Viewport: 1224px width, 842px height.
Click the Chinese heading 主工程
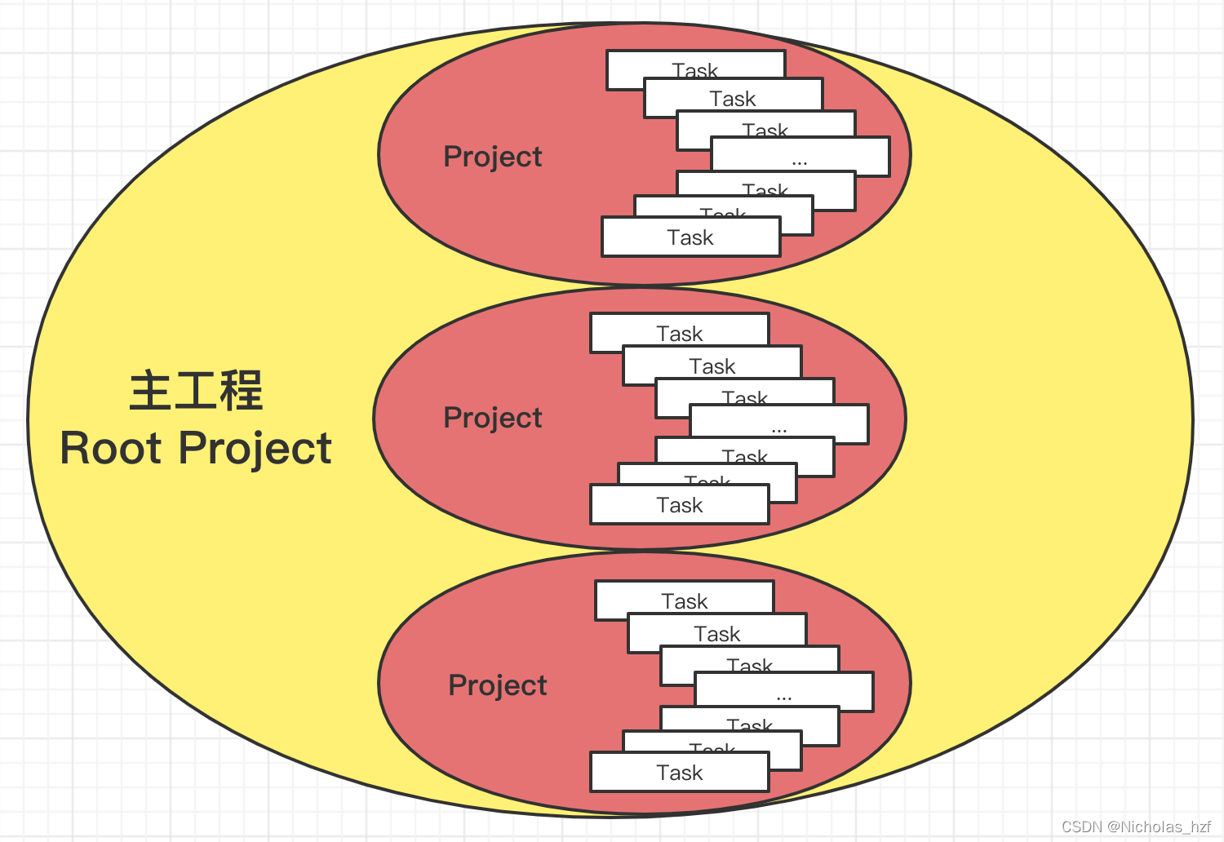click(196, 390)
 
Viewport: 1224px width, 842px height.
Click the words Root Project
click(196, 448)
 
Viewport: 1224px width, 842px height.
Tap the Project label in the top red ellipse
click(492, 156)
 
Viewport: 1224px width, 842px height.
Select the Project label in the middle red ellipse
click(492, 417)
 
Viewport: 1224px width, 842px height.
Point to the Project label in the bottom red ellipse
click(497, 685)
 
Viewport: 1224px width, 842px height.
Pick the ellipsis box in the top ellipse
click(800, 156)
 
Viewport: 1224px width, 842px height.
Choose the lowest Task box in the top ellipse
click(690, 237)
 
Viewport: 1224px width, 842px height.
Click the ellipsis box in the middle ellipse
click(779, 424)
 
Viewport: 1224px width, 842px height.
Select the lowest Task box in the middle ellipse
click(680, 505)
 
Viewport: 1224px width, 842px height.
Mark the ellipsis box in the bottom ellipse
click(784, 692)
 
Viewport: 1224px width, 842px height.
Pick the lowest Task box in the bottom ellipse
click(680, 773)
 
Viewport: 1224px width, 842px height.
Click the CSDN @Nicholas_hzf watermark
click(1136, 826)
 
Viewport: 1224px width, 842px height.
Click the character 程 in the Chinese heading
click(241, 390)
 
